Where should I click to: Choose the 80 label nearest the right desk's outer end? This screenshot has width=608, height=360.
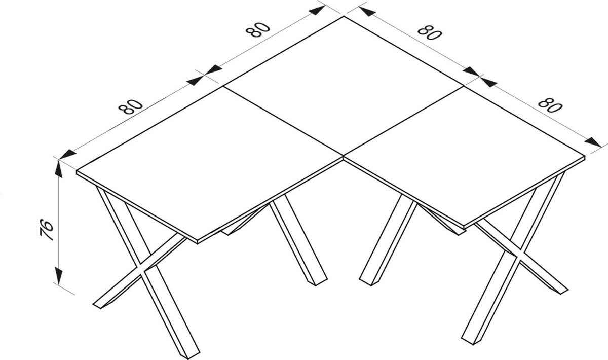[x=550, y=104]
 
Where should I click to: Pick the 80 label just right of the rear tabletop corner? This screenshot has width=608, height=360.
[x=430, y=33]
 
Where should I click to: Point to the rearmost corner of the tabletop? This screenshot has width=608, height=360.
[x=344, y=17]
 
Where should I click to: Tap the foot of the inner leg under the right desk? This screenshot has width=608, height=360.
[x=368, y=280]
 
